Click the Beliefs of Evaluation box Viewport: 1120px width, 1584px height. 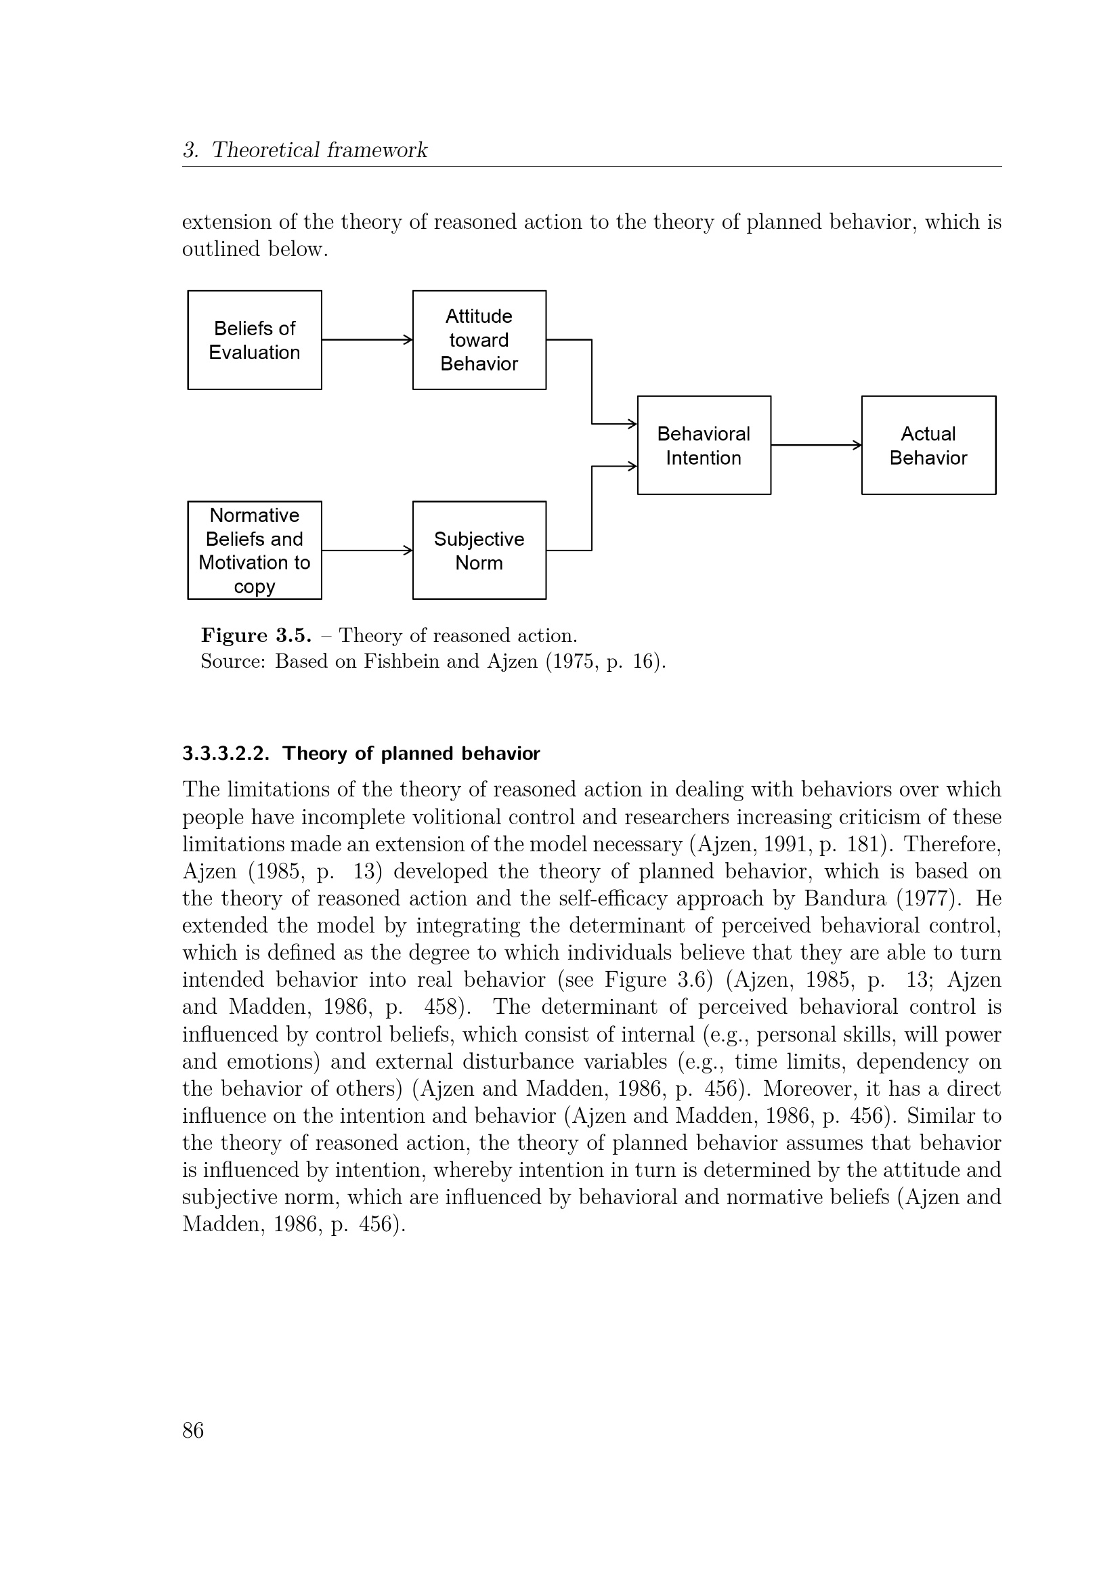click(x=255, y=340)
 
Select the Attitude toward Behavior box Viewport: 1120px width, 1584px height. click(x=479, y=340)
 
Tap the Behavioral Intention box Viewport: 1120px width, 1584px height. click(x=704, y=446)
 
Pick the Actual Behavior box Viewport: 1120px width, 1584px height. click(x=928, y=446)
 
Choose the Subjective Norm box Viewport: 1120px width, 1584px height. click(x=479, y=551)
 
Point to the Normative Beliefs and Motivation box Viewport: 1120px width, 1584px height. click(x=255, y=551)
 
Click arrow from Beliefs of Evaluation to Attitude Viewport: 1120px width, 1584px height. click(x=367, y=339)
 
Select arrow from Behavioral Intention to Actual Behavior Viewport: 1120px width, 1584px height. click(x=816, y=445)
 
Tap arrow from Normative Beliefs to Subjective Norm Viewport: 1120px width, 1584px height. click(x=367, y=551)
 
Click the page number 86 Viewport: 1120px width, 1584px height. click(x=193, y=1430)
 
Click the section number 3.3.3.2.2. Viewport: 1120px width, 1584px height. click(x=225, y=753)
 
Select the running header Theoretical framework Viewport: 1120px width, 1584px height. click(x=320, y=150)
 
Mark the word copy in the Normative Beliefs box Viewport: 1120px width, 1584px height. click(x=255, y=587)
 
